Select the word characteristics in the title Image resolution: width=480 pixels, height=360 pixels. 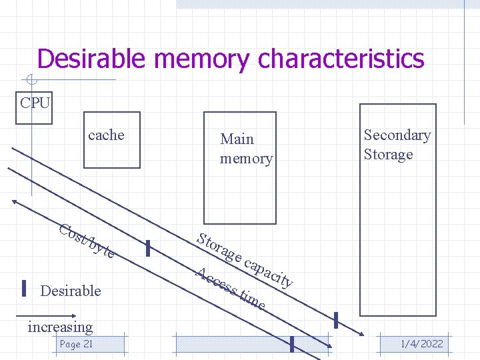341,59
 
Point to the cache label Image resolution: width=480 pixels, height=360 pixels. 106,135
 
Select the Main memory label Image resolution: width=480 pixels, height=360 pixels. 246,149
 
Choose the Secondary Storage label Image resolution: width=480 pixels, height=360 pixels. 397,145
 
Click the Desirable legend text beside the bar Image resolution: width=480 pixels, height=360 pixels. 71,291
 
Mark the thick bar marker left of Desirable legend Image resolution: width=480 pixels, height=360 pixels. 24,288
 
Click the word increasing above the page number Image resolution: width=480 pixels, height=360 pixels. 60,327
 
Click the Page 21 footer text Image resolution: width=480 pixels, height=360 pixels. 76,344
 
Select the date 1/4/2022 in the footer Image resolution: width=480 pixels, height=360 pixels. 421,344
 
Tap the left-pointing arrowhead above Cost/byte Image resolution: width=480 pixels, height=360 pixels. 15,201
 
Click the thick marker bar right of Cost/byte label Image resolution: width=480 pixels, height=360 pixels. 148,249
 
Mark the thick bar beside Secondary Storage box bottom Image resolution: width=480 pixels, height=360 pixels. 336,320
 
